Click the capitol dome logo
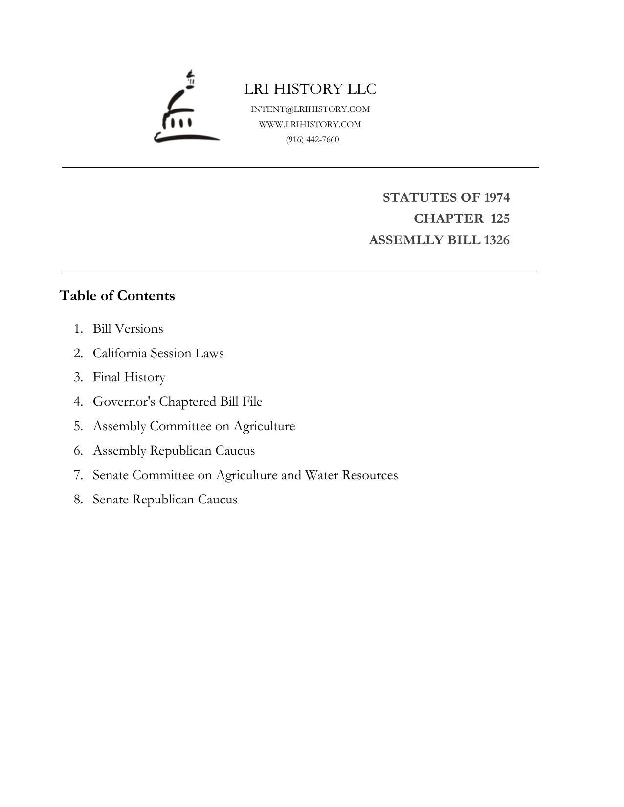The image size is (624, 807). tap(186, 108)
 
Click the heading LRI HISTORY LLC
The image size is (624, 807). tap(310, 89)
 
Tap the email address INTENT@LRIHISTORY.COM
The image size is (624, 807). tap(310, 109)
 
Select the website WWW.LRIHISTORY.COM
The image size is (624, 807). tap(310, 124)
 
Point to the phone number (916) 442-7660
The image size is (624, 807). tap(312, 140)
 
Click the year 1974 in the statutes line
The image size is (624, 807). tap(496, 197)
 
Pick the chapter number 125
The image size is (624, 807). tap(500, 218)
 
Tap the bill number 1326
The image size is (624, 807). tap(496, 240)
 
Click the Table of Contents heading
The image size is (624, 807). tap(117, 296)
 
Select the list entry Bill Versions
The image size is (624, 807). tap(128, 329)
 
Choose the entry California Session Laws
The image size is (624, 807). tap(158, 353)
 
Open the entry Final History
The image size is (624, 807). tap(129, 377)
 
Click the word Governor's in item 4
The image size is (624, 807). tap(124, 402)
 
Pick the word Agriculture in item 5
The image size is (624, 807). tap(264, 426)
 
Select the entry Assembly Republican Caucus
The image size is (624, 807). tap(174, 451)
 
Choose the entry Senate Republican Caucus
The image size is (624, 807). tap(165, 500)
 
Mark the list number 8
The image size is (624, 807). tap(78, 500)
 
